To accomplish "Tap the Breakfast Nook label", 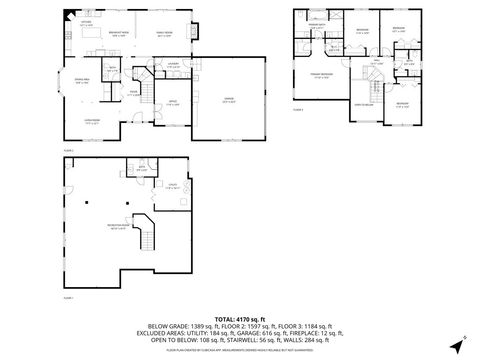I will (x=117, y=35).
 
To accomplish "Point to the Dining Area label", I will (x=79, y=82).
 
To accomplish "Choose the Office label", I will (x=172, y=102).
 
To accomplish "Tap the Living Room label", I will (x=90, y=122).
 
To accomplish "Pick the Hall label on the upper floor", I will (x=378, y=62).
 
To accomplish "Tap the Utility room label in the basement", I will (x=172, y=186).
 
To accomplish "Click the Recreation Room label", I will (x=131, y=227).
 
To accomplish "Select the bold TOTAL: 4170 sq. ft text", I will (x=240, y=318).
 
